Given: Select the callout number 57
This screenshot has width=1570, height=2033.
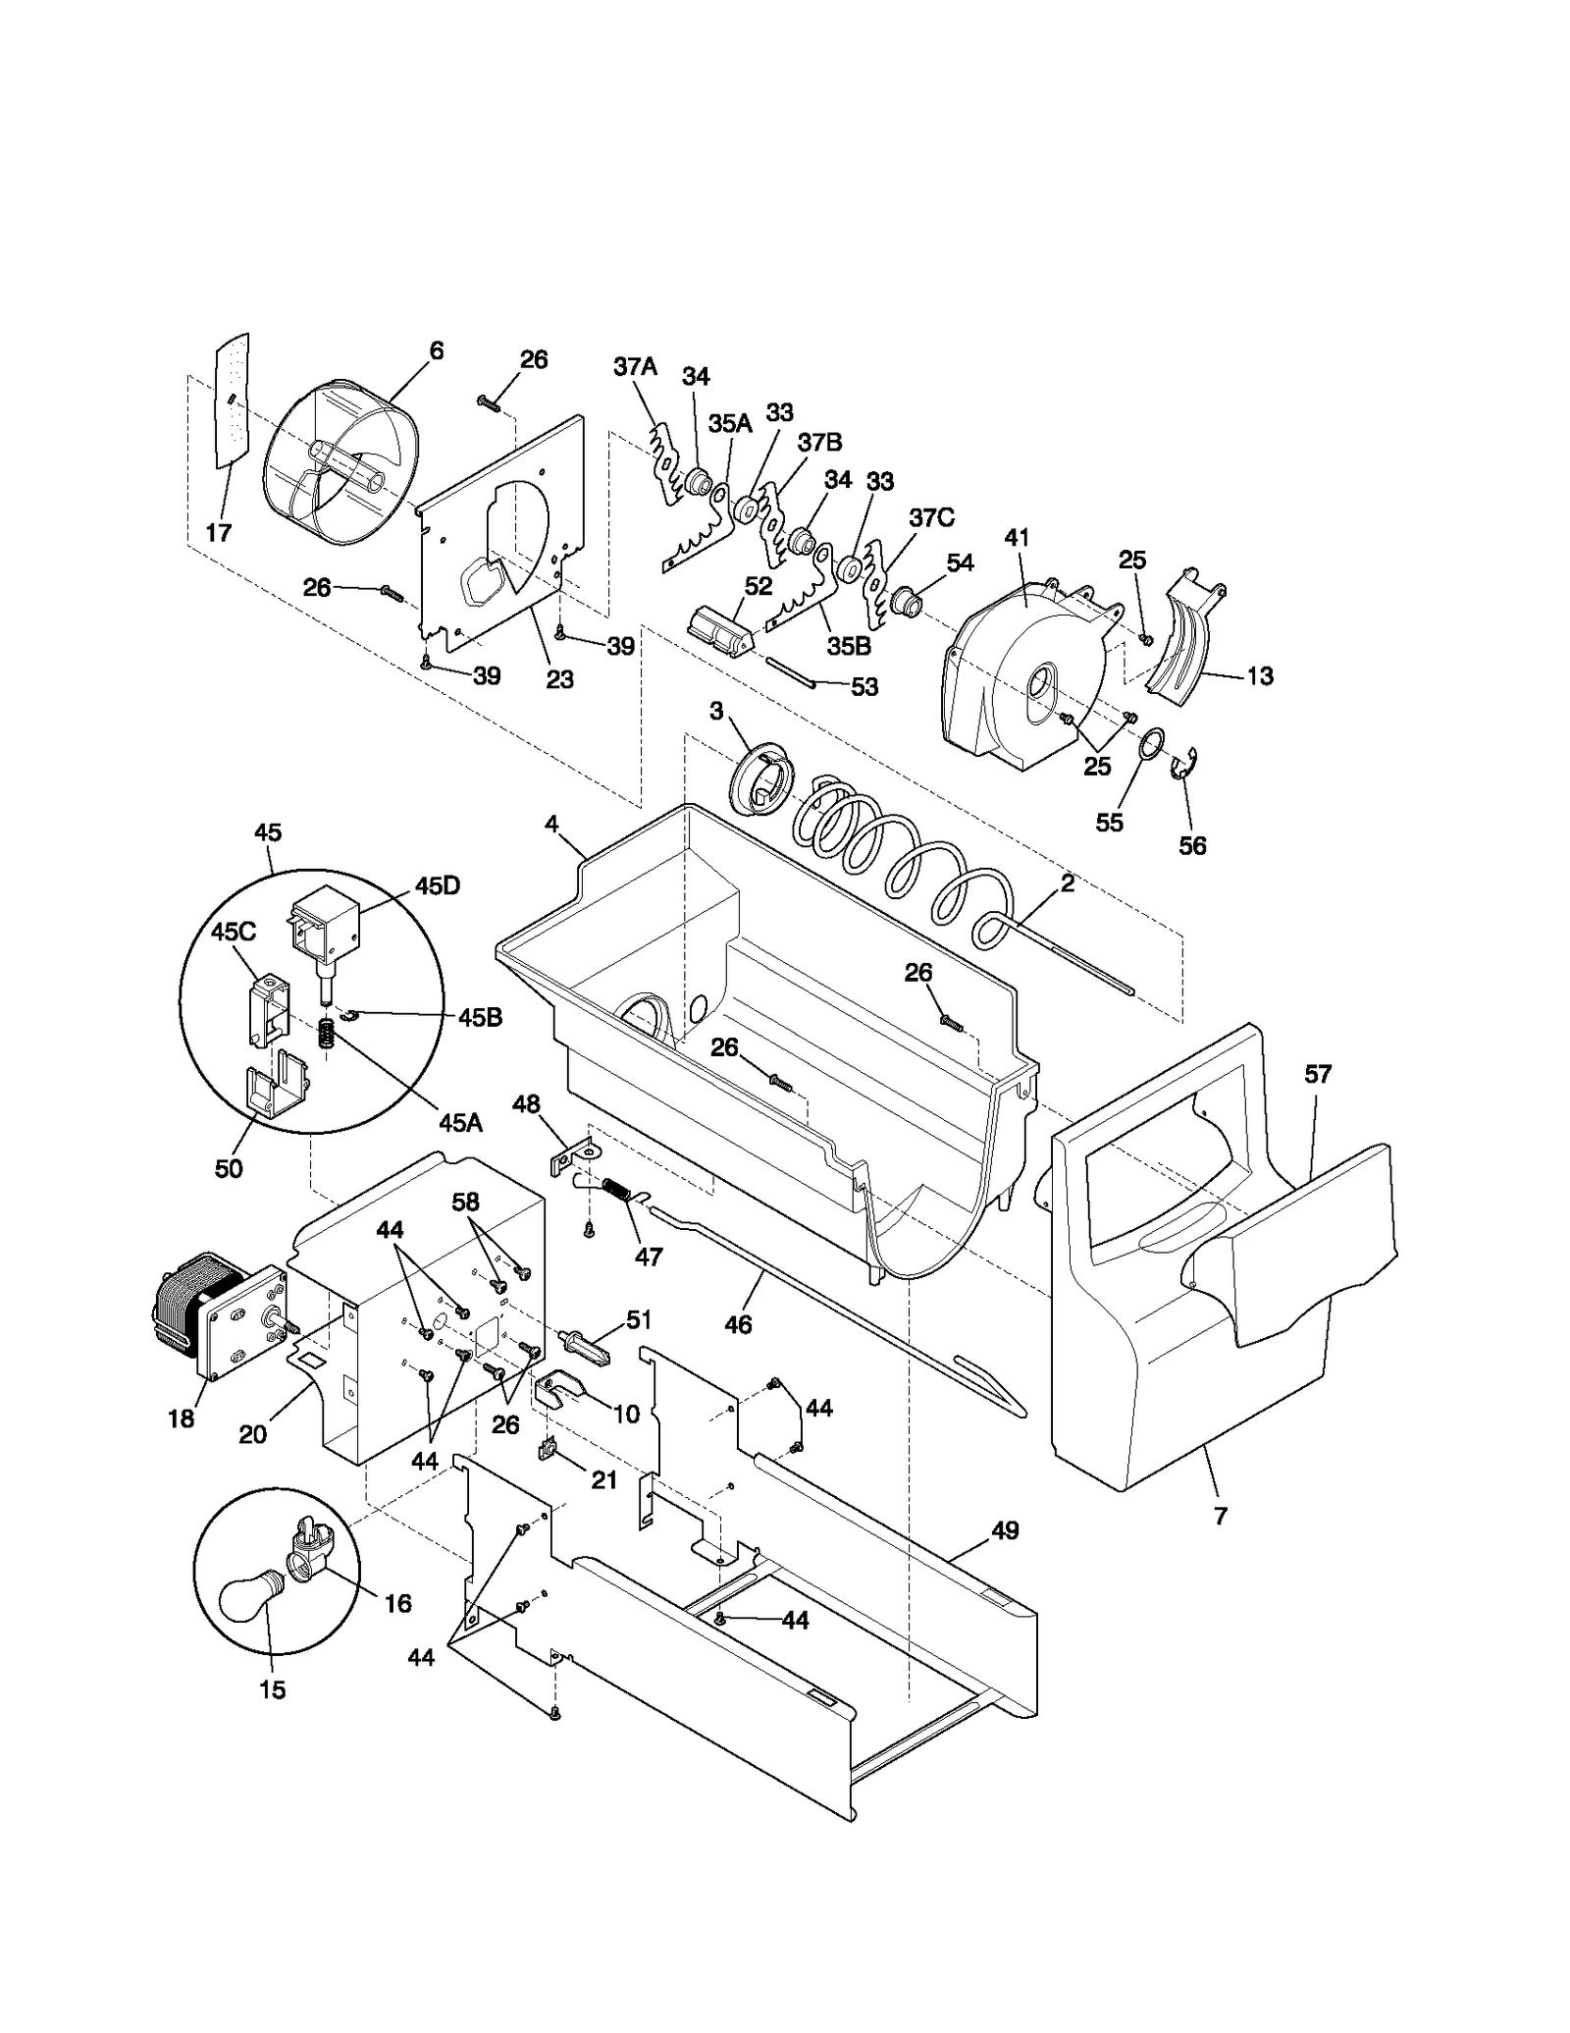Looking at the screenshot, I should point(1317,1074).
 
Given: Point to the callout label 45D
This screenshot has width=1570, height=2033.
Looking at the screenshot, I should point(438,885).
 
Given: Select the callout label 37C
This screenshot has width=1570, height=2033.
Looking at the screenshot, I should point(931,517).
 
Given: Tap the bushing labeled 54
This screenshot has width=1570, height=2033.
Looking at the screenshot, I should point(907,601).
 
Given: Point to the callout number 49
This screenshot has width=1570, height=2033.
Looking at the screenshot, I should point(1005,1529).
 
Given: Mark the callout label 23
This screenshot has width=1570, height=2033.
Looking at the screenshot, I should point(559,679).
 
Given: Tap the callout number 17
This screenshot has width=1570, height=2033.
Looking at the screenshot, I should point(218,532).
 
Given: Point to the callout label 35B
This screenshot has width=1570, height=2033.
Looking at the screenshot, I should point(849,646).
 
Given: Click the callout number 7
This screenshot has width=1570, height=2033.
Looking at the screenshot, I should point(1220,1517).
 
